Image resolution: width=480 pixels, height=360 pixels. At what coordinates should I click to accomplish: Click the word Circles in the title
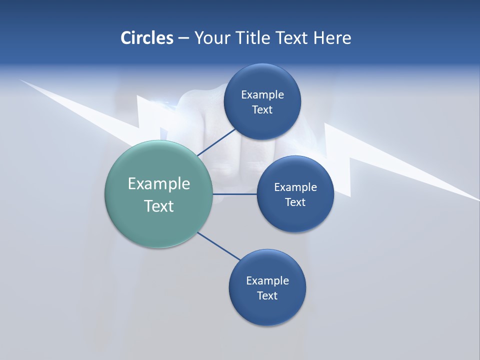(146, 38)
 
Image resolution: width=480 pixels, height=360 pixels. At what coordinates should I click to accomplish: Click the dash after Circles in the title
(183, 38)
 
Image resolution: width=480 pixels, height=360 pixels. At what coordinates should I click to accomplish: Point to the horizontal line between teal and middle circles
(235, 194)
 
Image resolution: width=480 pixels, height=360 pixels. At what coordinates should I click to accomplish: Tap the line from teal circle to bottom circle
(218, 246)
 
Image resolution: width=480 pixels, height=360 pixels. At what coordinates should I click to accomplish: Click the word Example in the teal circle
(159, 184)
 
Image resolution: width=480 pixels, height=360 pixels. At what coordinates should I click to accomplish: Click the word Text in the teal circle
(159, 206)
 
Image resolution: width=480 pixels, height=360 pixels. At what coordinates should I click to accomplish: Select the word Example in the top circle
(262, 95)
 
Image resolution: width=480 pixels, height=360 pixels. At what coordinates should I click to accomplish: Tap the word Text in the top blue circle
(262, 110)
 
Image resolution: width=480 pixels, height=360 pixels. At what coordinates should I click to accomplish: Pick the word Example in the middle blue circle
(295, 187)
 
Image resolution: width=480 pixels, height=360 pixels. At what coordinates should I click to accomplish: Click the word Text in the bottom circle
(267, 296)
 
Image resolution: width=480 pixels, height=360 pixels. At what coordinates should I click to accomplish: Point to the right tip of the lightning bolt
(477, 199)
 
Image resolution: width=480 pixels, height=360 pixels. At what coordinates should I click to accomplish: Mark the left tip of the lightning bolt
(21, 80)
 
